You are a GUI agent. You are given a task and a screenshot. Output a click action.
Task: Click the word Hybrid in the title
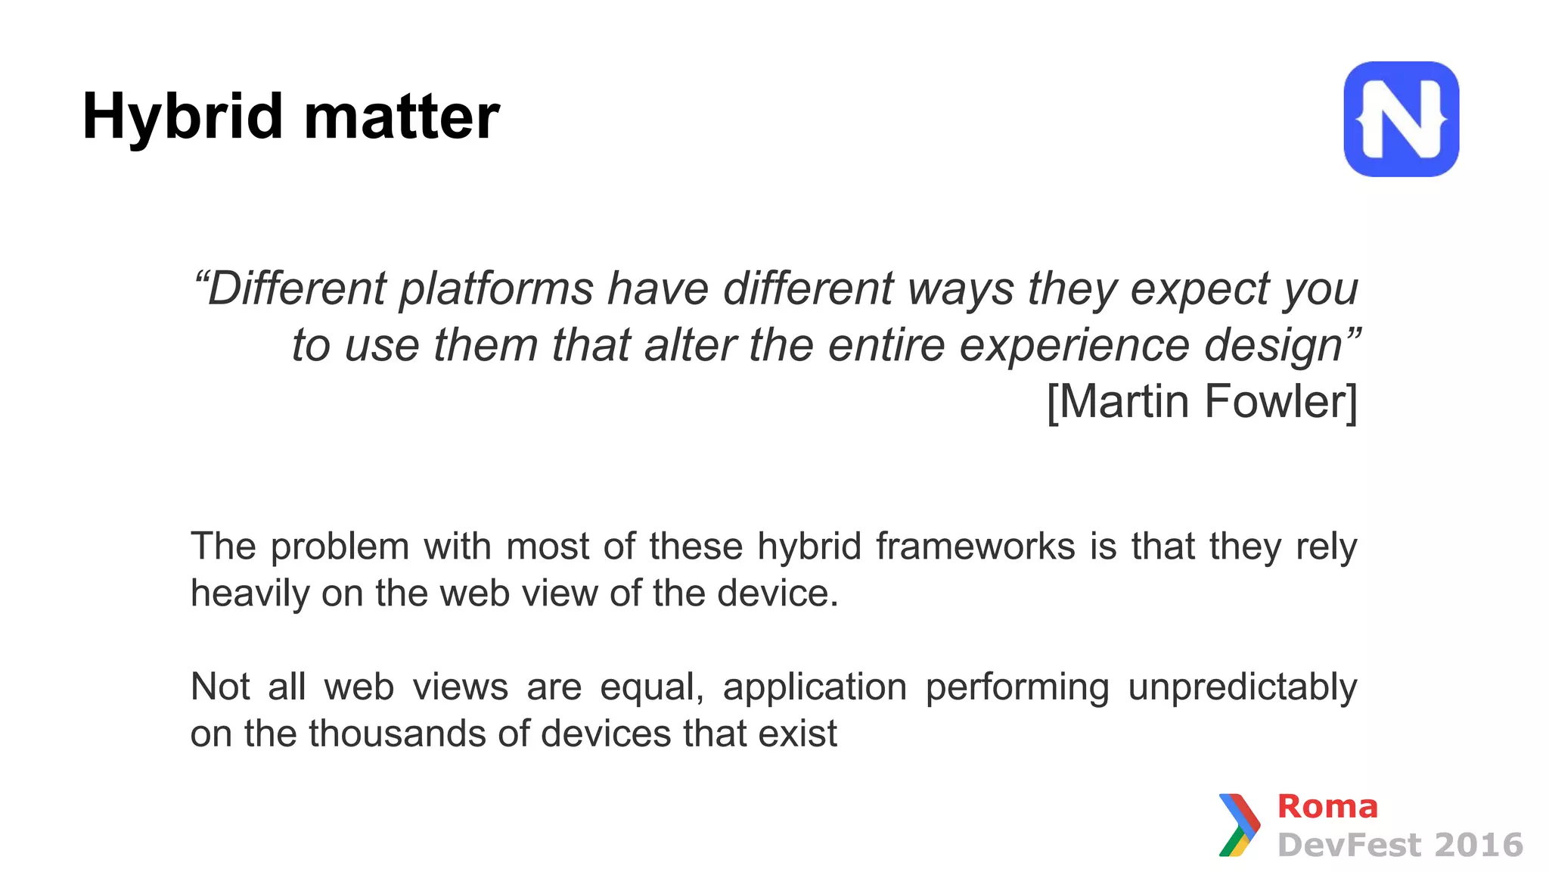click(182, 117)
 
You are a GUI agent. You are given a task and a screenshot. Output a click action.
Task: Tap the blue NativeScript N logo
click(1401, 119)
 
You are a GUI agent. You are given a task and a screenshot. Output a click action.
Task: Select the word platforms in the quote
click(496, 289)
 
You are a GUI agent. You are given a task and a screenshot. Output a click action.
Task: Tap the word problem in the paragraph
click(340, 547)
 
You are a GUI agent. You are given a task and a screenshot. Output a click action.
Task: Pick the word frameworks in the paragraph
click(975, 547)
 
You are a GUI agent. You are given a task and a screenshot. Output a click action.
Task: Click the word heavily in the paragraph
click(250, 593)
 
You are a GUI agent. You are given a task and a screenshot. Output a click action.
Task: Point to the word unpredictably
click(1242, 687)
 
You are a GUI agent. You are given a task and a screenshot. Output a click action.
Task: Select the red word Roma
click(1327, 807)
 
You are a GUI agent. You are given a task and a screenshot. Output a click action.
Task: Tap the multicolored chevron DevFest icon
click(1239, 825)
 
